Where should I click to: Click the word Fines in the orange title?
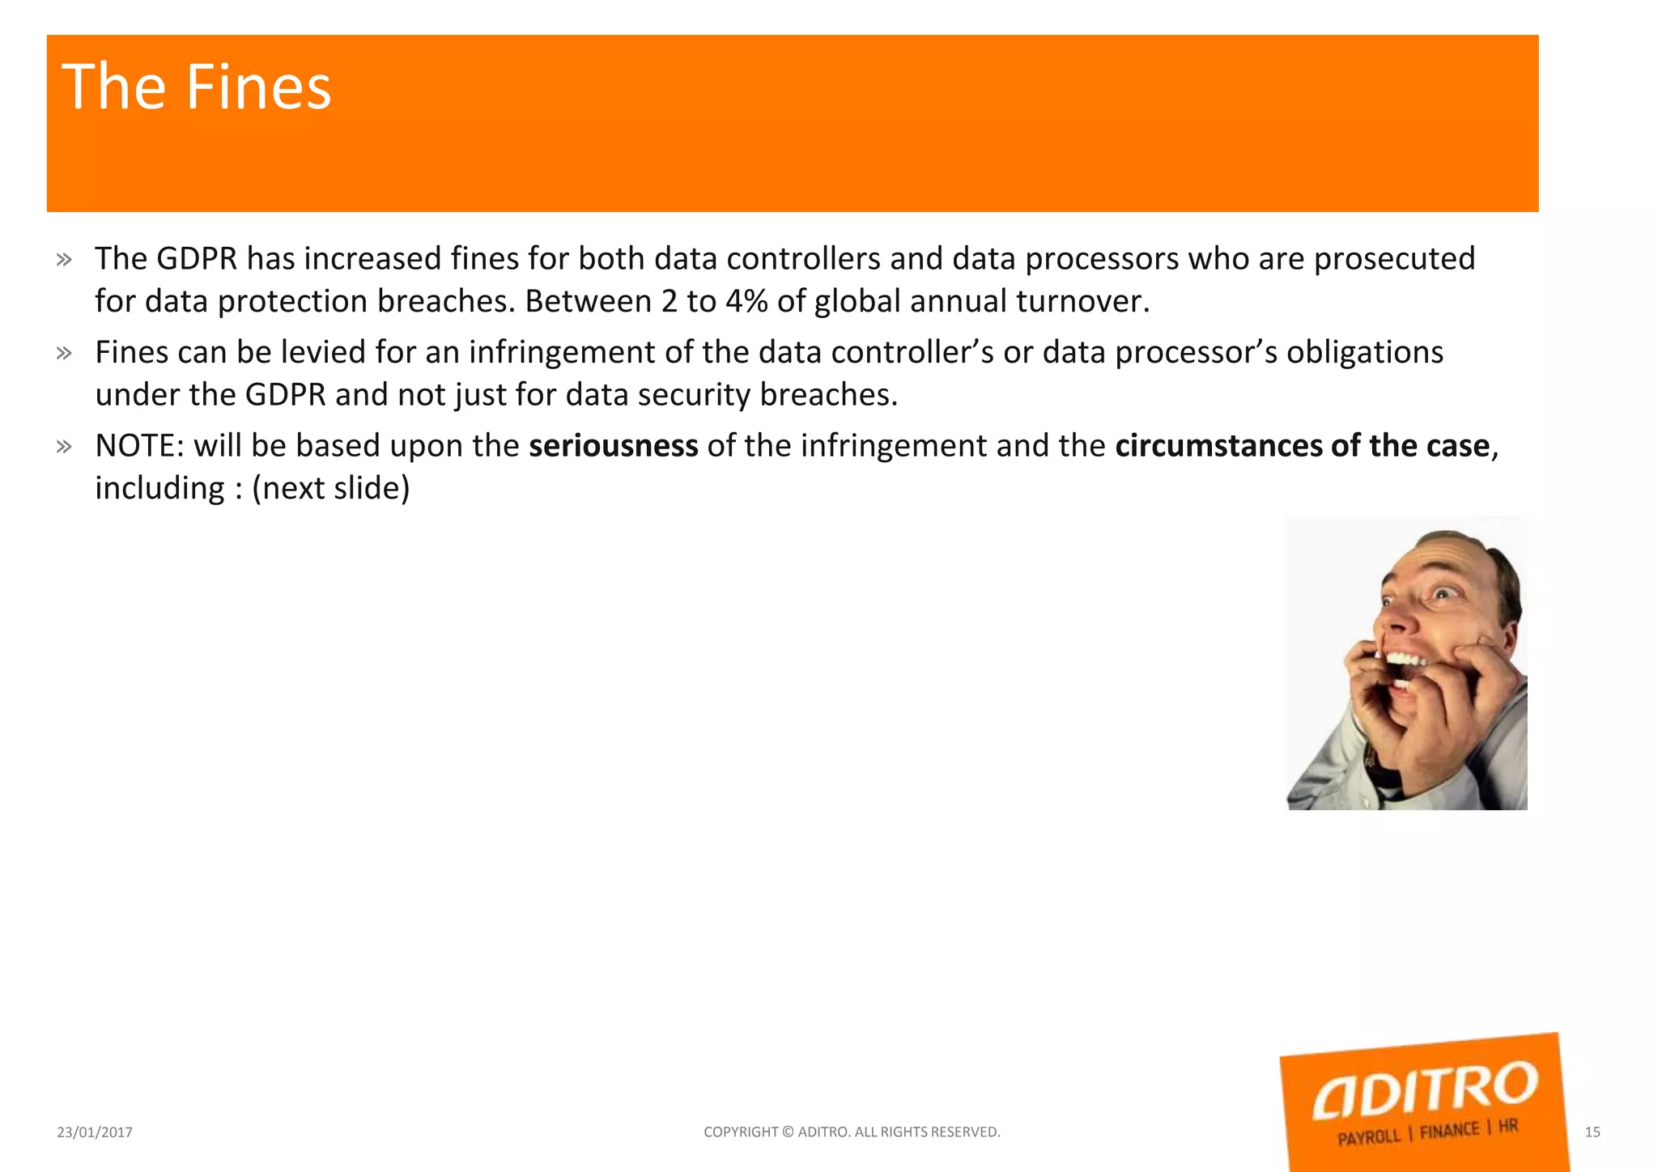[258, 87]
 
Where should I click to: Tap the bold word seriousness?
[613, 446]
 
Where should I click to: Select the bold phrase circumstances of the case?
[1302, 446]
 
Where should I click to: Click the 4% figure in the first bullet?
[746, 301]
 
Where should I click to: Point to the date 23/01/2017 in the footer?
[95, 1132]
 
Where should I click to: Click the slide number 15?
[1592, 1132]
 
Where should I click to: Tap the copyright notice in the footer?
[852, 1132]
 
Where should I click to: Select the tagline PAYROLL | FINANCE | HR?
[1426, 1132]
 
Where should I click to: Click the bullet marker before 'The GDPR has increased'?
[64, 260]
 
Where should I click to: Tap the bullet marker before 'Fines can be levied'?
[64, 353]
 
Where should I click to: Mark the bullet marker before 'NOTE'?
[64, 447]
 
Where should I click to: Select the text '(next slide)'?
[330, 488]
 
